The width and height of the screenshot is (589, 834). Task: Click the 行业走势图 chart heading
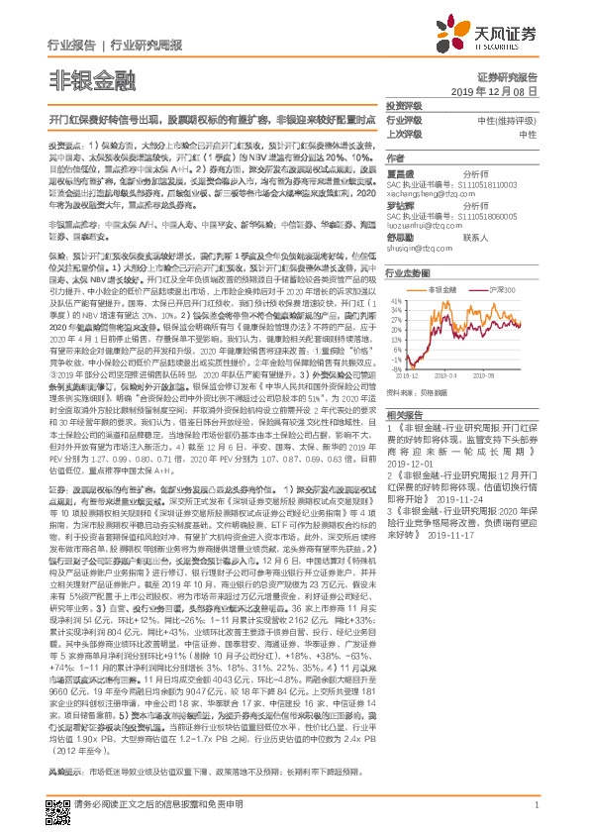408,270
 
